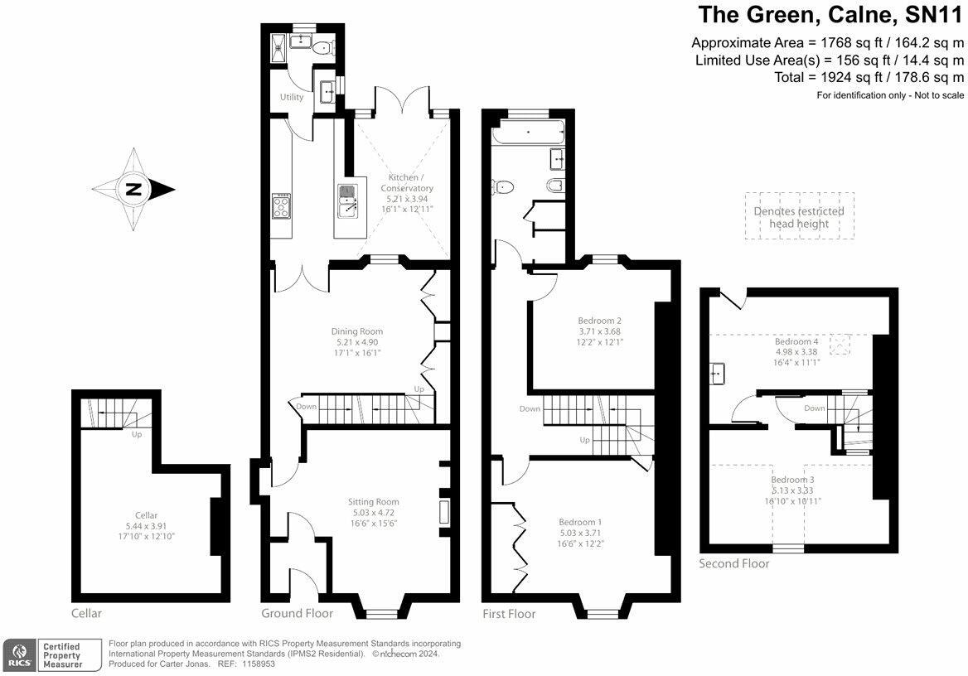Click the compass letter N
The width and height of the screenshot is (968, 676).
pyautogui.click(x=133, y=190)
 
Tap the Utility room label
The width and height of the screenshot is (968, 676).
pyautogui.click(x=292, y=97)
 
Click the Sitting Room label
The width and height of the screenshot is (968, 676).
pyautogui.click(x=374, y=501)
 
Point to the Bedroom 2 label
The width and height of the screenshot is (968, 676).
pyautogui.click(x=600, y=321)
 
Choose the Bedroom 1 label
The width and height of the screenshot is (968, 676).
pyautogui.click(x=580, y=522)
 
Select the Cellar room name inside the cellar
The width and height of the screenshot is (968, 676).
pyautogui.click(x=146, y=515)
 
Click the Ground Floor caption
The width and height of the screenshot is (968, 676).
pyautogui.click(x=297, y=614)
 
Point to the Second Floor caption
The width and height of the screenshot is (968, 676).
pyautogui.click(x=734, y=564)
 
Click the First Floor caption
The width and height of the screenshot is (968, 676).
pyautogui.click(x=509, y=614)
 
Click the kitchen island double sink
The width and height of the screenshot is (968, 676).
pyautogui.click(x=347, y=201)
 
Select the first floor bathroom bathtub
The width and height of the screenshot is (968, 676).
pyautogui.click(x=528, y=131)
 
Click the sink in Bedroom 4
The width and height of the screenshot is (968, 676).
pyautogui.click(x=719, y=374)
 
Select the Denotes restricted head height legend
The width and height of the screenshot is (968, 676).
pyautogui.click(x=799, y=217)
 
